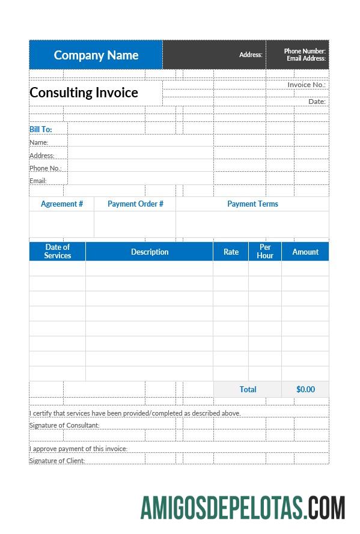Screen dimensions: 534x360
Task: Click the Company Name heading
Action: point(96,55)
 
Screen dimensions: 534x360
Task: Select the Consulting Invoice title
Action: point(84,93)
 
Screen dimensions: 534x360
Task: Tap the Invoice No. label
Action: point(307,85)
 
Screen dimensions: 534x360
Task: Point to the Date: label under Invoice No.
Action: point(317,102)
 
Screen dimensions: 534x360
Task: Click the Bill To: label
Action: point(41,129)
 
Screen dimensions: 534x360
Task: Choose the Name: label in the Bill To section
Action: point(39,142)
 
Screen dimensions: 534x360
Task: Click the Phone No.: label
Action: point(46,168)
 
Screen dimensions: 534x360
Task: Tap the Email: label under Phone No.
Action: point(38,181)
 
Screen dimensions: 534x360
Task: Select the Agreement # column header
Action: point(62,204)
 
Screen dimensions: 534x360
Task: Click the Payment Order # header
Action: point(135,204)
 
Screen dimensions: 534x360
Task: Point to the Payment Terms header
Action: point(252,204)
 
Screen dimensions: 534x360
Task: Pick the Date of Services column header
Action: point(58,251)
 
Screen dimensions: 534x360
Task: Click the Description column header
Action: point(150,252)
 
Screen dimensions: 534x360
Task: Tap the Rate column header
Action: point(231,252)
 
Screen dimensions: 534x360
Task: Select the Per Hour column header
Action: point(265,251)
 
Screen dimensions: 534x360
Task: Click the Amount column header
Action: point(305,252)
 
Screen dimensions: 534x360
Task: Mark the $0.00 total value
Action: point(305,389)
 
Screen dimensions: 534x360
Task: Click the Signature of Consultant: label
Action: point(64,425)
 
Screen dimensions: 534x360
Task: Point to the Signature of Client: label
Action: point(57,461)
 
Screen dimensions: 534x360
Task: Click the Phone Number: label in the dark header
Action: point(305,51)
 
